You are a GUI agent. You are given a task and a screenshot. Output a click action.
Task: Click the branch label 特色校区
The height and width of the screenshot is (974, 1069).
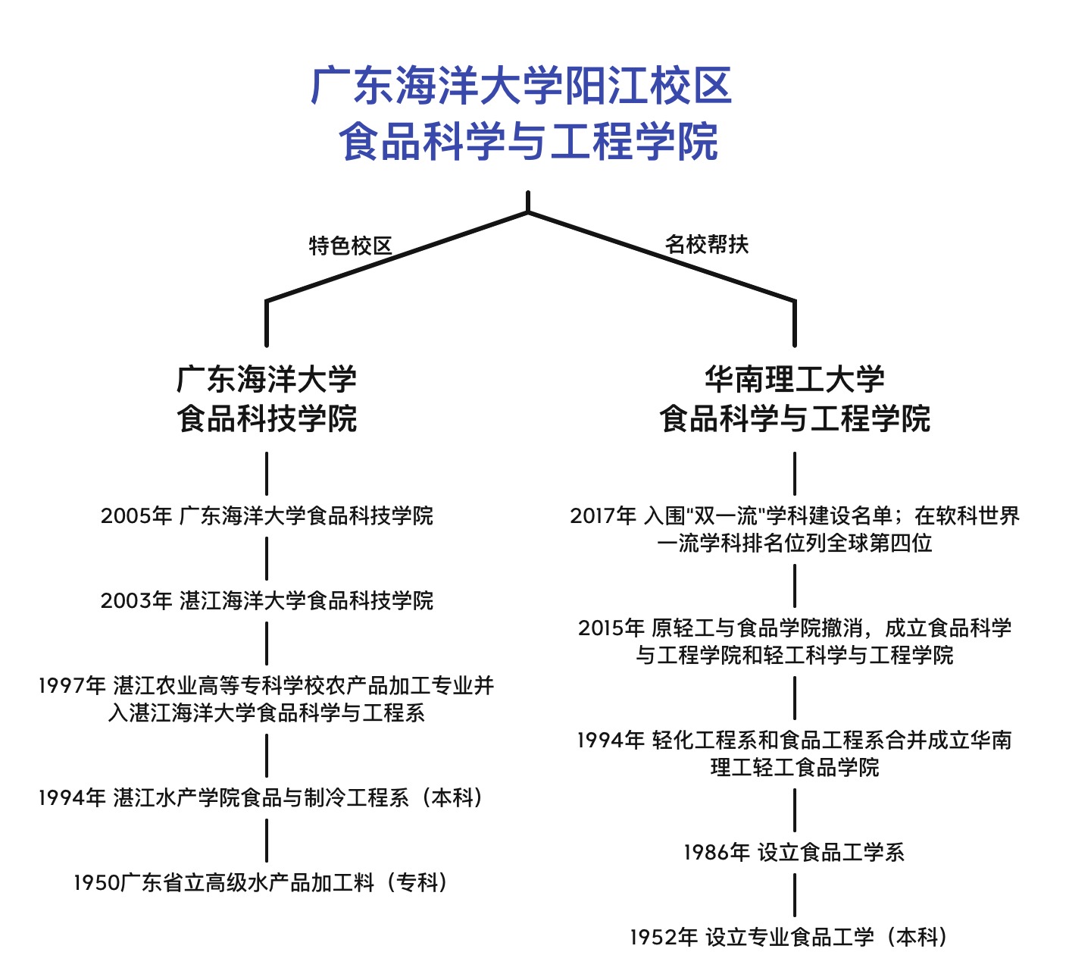tap(350, 246)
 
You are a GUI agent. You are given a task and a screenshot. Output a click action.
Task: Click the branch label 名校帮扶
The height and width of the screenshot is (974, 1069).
tap(706, 245)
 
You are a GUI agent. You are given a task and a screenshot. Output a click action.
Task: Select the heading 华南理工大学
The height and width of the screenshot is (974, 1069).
tap(794, 379)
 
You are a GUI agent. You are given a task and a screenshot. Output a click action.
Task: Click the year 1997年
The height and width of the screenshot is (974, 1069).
tap(73, 686)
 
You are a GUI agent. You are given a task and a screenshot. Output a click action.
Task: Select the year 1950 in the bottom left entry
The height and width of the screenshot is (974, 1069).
tap(96, 883)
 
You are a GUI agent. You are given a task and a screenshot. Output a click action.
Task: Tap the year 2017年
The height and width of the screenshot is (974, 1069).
tap(603, 516)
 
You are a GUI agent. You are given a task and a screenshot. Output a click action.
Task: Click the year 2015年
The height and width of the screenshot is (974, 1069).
tap(611, 628)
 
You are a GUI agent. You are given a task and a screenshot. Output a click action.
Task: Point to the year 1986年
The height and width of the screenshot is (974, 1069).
tap(717, 853)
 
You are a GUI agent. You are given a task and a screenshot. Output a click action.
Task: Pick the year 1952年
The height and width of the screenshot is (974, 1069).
tap(664, 938)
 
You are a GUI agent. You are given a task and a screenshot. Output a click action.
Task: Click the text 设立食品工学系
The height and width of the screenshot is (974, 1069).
tap(831, 853)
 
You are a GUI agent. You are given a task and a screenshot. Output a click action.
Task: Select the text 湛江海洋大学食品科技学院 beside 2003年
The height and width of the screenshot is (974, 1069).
tap(306, 601)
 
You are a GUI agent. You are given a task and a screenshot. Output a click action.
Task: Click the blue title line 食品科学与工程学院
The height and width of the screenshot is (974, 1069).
tap(528, 142)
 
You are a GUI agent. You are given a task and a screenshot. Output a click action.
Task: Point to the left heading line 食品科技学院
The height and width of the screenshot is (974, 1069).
tap(267, 418)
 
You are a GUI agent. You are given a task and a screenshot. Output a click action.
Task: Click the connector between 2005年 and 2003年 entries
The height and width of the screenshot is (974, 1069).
tap(267, 559)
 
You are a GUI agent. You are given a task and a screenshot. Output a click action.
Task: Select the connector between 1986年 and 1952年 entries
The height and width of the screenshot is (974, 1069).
tap(795, 895)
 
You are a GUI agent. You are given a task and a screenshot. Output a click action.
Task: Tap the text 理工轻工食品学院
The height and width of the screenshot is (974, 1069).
tap(795, 768)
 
